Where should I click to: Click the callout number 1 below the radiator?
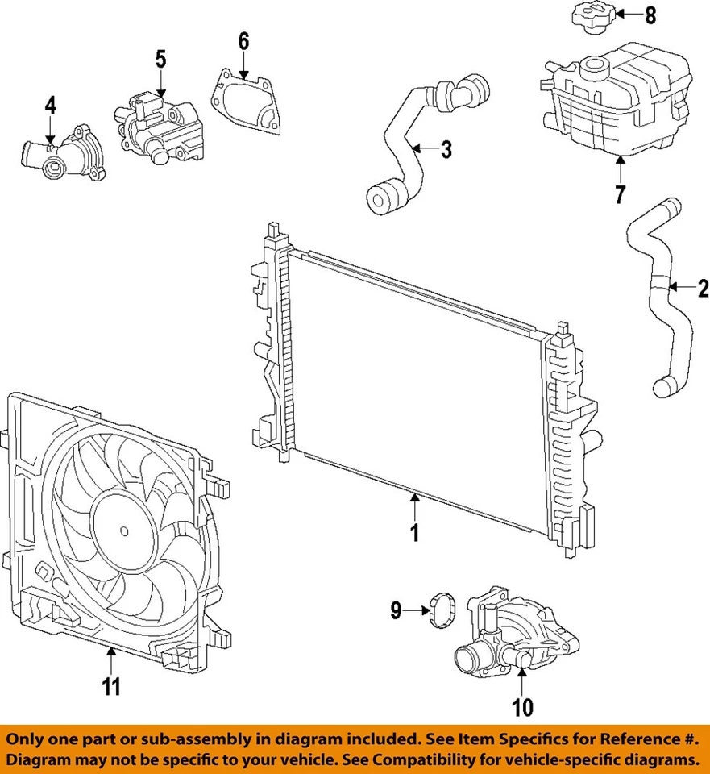click(414, 533)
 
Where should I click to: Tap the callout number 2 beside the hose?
click(702, 288)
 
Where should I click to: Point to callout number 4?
click(50, 105)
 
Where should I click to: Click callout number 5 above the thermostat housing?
click(160, 59)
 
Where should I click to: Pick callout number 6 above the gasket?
click(243, 41)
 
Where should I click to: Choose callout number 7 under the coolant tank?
click(621, 194)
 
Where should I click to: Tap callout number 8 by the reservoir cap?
click(650, 14)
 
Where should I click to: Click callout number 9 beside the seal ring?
click(396, 611)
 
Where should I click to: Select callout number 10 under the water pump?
click(522, 708)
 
